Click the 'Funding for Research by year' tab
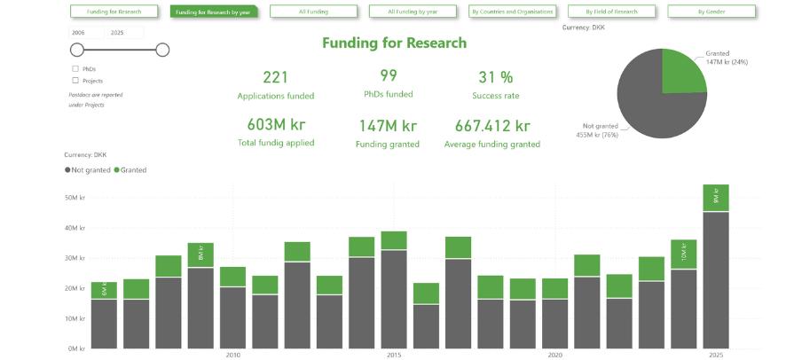click(213, 12)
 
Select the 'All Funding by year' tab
click(413, 12)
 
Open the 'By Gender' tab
click(711, 12)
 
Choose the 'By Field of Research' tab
click(611, 12)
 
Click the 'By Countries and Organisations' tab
click(512, 12)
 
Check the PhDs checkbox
click(75, 68)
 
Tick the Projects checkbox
click(75, 81)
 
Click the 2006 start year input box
click(86, 32)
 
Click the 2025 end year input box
click(124, 32)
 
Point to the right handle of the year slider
click(162, 50)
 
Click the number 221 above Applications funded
click(275, 77)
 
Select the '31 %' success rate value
click(495, 77)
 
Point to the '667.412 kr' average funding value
click(492, 126)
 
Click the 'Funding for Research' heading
click(394, 43)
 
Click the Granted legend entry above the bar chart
click(130, 169)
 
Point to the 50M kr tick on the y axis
click(75, 197)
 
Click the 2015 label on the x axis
click(393, 355)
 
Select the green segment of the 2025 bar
click(715, 198)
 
